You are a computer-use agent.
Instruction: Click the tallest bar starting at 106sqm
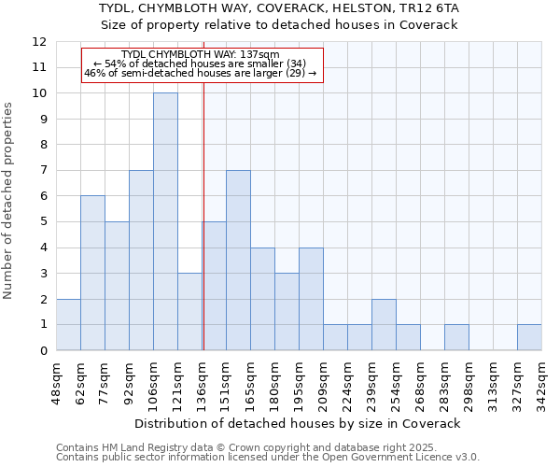point(165,221)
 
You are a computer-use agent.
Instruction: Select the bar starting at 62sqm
point(92,273)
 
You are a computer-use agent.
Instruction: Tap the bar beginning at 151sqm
point(238,261)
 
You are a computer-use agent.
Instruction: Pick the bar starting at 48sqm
point(68,324)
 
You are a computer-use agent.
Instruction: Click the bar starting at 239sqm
point(384,324)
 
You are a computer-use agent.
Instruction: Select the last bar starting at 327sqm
point(529,337)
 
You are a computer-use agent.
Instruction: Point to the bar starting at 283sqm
point(456,337)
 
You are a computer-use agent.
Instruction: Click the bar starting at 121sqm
point(189,311)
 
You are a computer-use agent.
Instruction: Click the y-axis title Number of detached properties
point(9,201)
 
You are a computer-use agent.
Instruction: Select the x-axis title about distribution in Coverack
point(299,424)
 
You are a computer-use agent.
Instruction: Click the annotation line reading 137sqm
point(201,55)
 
